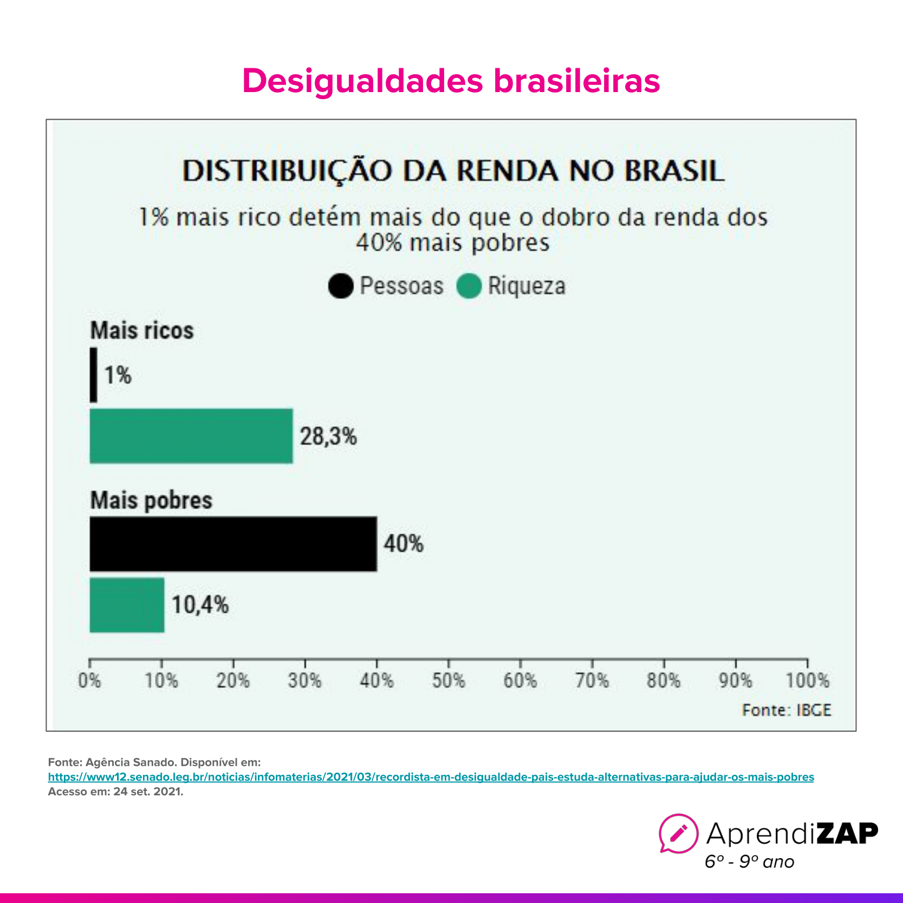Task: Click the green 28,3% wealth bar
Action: coord(191,436)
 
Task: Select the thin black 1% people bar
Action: coord(94,375)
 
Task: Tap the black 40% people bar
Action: coord(233,544)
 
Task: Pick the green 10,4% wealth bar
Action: coord(127,605)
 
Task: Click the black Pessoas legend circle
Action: coord(341,286)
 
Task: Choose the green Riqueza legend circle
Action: coord(469,286)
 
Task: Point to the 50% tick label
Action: coord(449,680)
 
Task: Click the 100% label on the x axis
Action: coord(807,680)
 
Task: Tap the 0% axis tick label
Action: coord(89,680)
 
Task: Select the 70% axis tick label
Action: coord(592,680)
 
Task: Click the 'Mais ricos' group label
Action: coord(142,330)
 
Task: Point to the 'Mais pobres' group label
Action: coord(151,500)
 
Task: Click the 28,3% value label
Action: coord(328,436)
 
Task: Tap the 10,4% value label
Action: coord(200,605)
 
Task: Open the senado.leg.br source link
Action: coord(431,777)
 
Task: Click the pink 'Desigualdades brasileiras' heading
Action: coord(451,81)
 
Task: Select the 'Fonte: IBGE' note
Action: coord(786,710)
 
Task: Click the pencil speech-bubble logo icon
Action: coord(678,833)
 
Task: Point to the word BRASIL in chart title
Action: coord(674,171)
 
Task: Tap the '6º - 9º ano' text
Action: coord(749,862)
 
